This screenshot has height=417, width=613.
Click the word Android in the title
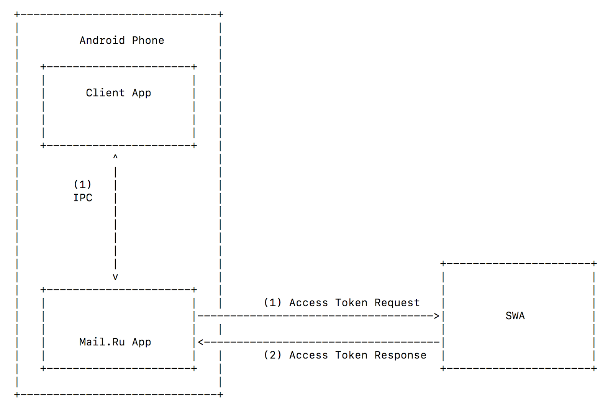point(102,40)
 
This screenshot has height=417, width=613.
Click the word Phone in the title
point(148,40)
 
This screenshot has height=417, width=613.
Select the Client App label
point(118,93)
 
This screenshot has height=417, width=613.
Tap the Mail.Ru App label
point(115,342)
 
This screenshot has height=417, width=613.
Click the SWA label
point(515,316)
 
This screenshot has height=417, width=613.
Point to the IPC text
point(83,198)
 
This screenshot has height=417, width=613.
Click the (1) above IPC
point(82,184)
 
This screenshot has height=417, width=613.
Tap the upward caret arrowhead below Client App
point(115,157)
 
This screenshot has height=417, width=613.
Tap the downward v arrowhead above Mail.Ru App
point(115,277)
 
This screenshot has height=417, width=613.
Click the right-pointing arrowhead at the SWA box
point(436,316)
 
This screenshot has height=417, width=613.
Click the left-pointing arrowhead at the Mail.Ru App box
point(201,342)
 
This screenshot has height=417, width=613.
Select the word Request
point(397,303)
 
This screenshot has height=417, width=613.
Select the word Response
point(400,355)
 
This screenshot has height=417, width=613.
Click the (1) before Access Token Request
point(272,303)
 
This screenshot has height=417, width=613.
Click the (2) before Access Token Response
point(272,355)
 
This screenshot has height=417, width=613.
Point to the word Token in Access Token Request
point(351,303)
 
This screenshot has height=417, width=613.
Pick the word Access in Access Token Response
point(308,355)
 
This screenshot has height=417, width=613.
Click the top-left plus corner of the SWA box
point(443,264)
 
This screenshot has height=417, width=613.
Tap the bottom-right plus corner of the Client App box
point(194,146)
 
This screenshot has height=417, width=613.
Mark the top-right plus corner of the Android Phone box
point(220,15)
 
